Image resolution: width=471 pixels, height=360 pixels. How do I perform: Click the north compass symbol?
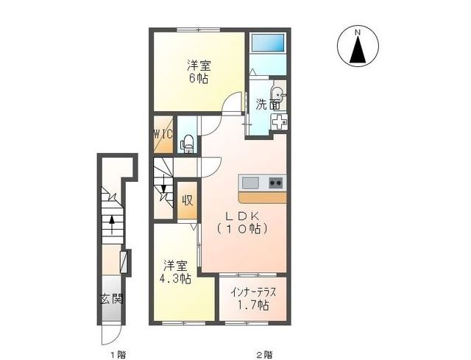point(358,46)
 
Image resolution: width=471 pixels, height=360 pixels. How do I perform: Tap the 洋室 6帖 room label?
point(196,71)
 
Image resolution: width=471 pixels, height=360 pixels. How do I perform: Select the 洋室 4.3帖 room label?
point(177,272)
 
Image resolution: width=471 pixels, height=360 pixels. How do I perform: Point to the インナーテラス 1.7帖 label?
point(252,298)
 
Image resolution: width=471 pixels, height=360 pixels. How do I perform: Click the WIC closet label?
point(163,134)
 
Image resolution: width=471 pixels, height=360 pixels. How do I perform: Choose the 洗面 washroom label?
point(266,105)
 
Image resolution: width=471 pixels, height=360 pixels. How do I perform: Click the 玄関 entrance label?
point(112,300)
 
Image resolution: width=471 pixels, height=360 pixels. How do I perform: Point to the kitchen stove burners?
point(276,183)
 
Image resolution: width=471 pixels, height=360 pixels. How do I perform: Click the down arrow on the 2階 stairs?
point(162,193)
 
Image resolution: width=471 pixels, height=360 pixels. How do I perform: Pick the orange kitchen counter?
point(262,197)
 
